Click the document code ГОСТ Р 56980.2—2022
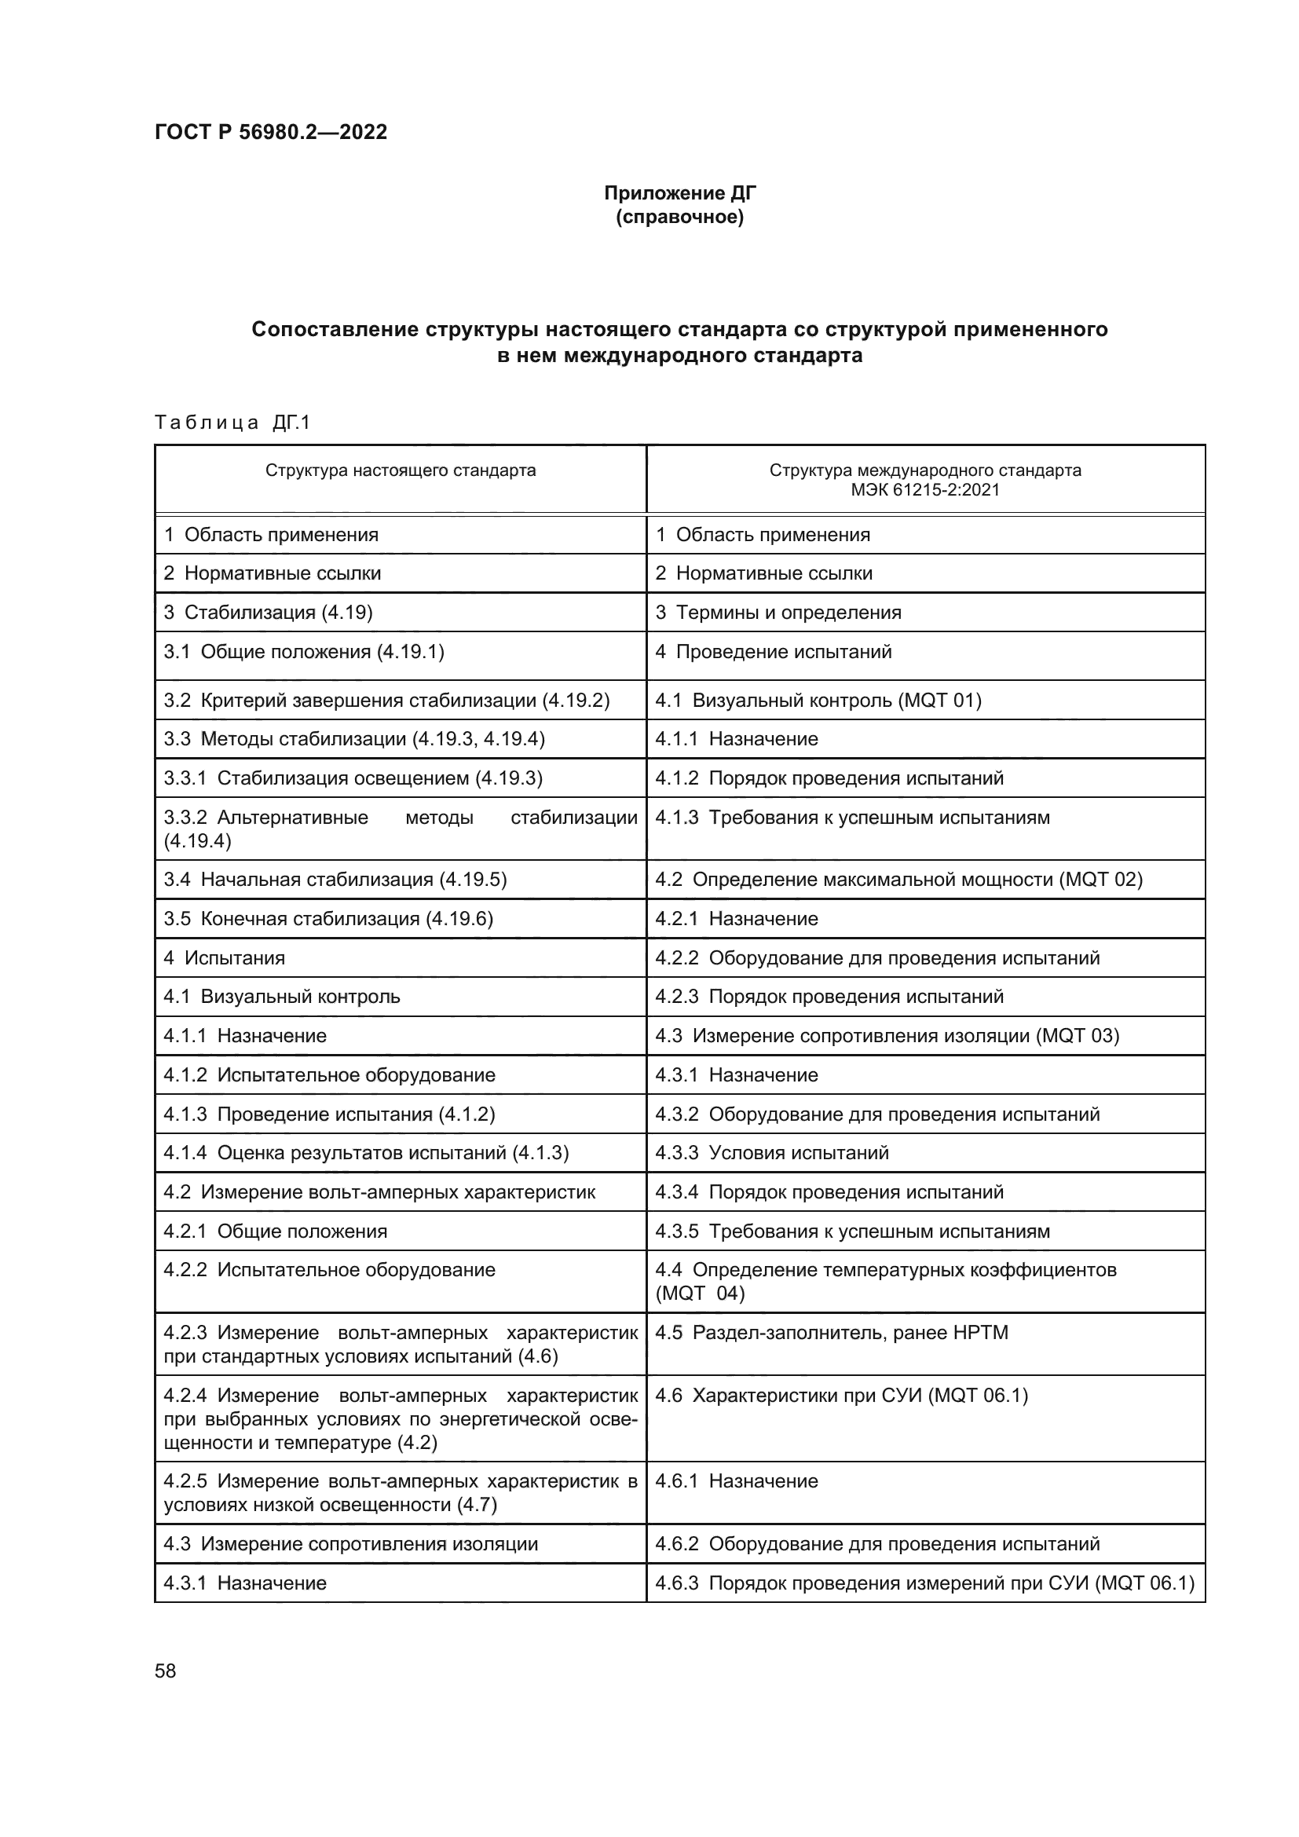[270, 132]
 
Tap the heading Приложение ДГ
[679, 193]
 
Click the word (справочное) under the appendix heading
[679, 217]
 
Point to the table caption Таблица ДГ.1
[232, 423]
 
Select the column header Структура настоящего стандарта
[400, 470]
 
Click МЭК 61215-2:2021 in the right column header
[924, 489]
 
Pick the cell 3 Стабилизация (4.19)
[268, 612]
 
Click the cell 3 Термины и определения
[778, 612]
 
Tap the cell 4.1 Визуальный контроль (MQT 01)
[818, 700]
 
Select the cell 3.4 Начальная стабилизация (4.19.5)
[335, 880]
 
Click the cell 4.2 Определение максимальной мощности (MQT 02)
[898, 880]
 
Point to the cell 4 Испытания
[224, 957]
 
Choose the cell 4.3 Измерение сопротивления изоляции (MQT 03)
[886, 1035]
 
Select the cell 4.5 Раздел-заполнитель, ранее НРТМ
[831, 1332]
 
